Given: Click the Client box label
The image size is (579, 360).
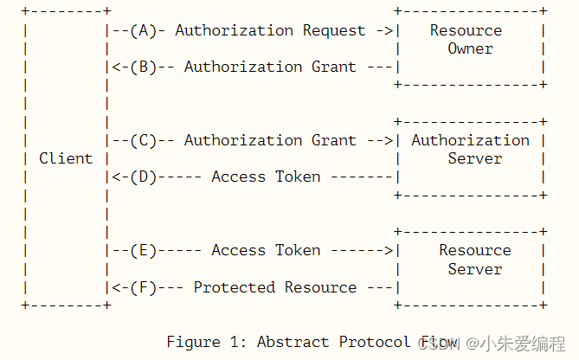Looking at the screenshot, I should pos(66,158).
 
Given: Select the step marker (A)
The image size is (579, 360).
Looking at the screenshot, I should pos(144,30).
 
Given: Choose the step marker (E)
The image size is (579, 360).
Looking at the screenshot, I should pos(144,250).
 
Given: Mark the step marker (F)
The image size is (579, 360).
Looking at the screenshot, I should pos(144,287).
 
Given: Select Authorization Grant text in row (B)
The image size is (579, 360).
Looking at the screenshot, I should pos(270,67).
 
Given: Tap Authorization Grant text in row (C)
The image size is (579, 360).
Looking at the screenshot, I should pos(270,140).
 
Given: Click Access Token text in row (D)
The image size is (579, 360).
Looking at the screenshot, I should pos(266,177).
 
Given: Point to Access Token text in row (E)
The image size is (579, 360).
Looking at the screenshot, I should pos(266,250).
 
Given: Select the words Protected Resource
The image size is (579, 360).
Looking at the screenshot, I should pos(274,287).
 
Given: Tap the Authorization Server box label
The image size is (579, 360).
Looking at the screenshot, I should pos(470,149).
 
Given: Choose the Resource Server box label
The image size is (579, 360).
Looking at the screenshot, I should pos(474,260).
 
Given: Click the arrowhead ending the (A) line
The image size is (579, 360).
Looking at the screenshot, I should pos(389,30).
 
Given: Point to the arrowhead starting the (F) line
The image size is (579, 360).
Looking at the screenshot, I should pos(116,287).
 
